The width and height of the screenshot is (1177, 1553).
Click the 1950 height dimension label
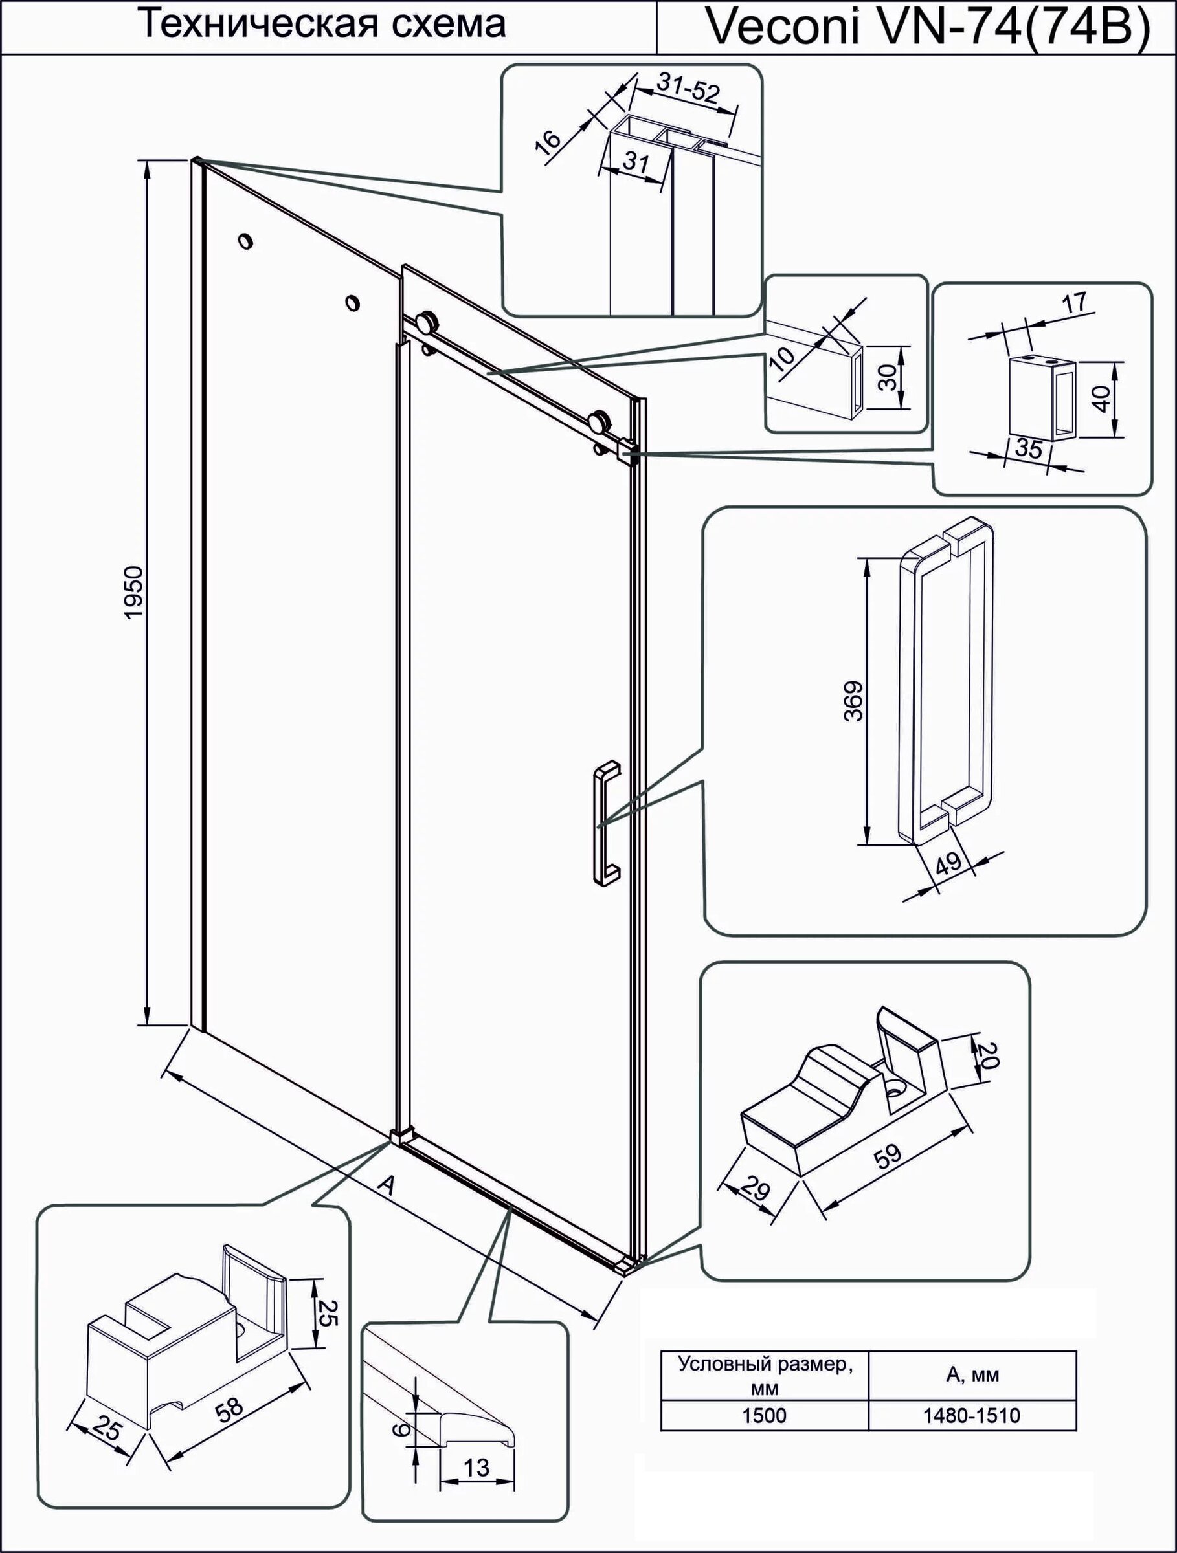(133, 593)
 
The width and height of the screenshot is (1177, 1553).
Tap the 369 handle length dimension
(853, 701)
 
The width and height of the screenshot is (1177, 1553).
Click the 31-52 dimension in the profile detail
(688, 90)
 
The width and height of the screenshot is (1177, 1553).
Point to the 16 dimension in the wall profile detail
(548, 140)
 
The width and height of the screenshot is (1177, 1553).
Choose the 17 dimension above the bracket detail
(1075, 303)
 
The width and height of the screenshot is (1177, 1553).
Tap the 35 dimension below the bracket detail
(1029, 449)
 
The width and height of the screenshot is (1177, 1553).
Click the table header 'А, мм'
(972, 1374)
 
